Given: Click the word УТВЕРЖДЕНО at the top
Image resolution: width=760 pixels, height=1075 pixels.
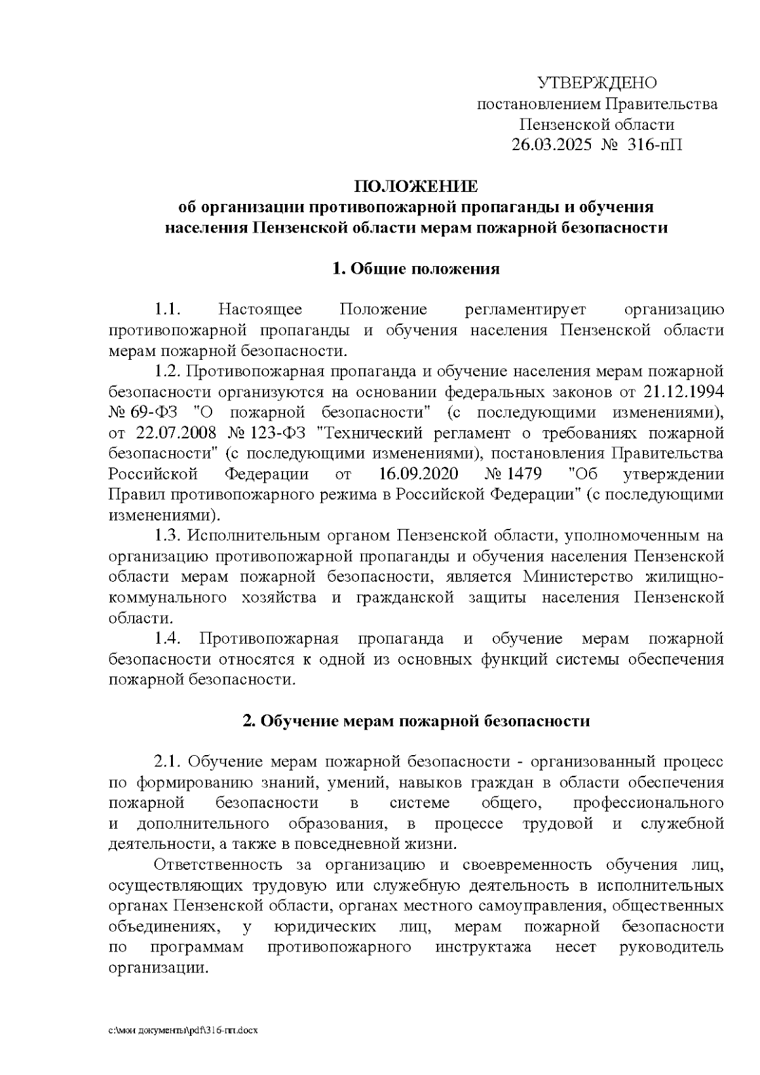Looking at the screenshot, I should [x=597, y=83].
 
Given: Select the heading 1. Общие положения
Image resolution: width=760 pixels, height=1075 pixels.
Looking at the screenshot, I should [x=416, y=269].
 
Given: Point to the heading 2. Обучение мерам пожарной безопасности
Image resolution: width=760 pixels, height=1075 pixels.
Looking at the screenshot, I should [x=416, y=721].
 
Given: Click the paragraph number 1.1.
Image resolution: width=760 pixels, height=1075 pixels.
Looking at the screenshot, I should [x=168, y=310].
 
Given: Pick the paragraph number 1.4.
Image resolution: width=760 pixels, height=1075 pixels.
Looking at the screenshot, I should [x=168, y=639].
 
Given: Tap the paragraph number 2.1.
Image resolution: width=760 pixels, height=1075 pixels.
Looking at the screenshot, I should [x=168, y=762].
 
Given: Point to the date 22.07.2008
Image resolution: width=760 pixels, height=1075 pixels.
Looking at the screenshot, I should [x=177, y=434].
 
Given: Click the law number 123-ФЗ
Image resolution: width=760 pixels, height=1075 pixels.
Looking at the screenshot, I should [x=273, y=434].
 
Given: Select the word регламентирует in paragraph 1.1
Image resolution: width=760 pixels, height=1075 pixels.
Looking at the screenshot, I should [x=526, y=310].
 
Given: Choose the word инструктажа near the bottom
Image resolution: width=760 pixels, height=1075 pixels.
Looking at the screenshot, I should [x=483, y=948].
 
